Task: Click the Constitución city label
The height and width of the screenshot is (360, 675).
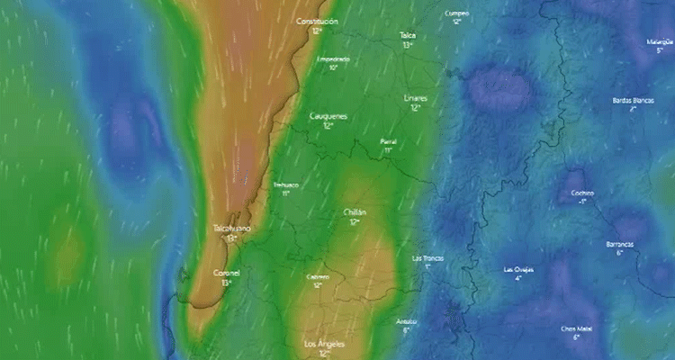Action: tap(317, 21)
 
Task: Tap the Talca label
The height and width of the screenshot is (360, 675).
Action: tap(408, 35)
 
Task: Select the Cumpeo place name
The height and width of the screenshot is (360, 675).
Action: tap(457, 13)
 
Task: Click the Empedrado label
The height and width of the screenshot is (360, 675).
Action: tap(333, 58)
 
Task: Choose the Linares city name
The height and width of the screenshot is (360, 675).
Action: tap(416, 97)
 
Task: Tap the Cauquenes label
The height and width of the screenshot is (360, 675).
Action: tap(328, 116)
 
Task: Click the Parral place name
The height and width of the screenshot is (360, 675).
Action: tap(388, 141)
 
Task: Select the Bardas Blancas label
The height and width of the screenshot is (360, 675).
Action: tap(633, 100)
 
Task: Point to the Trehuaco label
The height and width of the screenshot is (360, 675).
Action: tap(285, 184)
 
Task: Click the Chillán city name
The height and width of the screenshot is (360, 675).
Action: tap(355, 211)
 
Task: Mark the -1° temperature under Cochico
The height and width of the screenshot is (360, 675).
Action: tap(582, 202)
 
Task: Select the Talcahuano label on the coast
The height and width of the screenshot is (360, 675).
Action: tap(232, 229)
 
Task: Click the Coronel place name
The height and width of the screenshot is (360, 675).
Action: tap(226, 273)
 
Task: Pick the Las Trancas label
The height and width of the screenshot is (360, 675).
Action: tap(427, 257)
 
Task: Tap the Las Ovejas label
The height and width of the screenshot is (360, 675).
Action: tap(518, 269)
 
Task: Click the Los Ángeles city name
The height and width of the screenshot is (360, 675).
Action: tap(324, 344)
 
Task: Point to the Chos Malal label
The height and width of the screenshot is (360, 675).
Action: tap(576, 328)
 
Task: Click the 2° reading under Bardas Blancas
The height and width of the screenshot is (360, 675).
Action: tap(633, 109)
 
